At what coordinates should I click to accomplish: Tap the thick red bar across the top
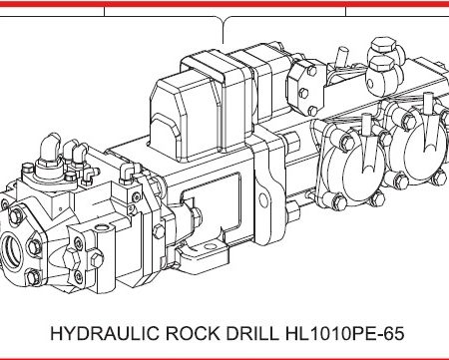point(224,4)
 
